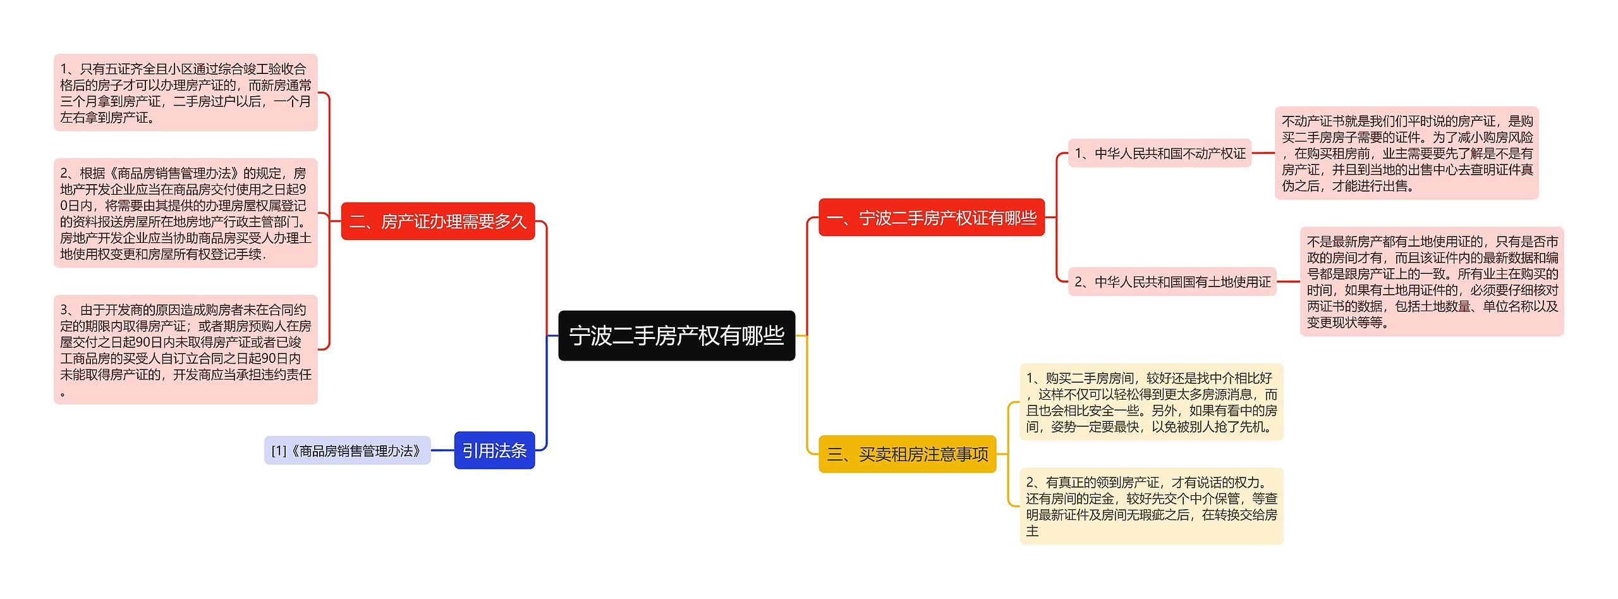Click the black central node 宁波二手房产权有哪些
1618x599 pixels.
[x=676, y=335]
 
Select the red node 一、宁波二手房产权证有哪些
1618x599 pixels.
[x=931, y=218]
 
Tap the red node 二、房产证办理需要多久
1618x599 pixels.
[x=437, y=221]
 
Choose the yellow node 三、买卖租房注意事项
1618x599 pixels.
[x=907, y=454]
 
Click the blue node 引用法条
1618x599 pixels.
[x=494, y=450]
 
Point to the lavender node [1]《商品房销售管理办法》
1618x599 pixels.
[x=347, y=450]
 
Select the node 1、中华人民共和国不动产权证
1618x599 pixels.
[x=1159, y=153]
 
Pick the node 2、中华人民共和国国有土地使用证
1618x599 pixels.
[x=1172, y=281]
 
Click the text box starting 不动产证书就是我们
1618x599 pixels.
[x=1406, y=153]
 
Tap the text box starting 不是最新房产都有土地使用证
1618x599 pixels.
[x=1432, y=281]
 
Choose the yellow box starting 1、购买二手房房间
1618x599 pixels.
[x=1151, y=402]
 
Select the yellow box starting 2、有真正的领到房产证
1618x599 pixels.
[x=1151, y=506]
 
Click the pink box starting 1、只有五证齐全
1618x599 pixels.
[x=185, y=93]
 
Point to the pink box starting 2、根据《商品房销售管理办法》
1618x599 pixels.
[x=185, y=213]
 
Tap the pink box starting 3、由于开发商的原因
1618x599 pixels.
[x=185, y=350]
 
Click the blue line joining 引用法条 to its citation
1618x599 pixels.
[x=442, y=450]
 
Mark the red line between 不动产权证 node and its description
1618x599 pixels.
[x=1263, y=153]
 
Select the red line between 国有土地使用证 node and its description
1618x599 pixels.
[x=1288, y=281]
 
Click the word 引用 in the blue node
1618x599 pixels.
[x=478, y=450]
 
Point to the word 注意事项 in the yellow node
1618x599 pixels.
[x=956, y=454]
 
